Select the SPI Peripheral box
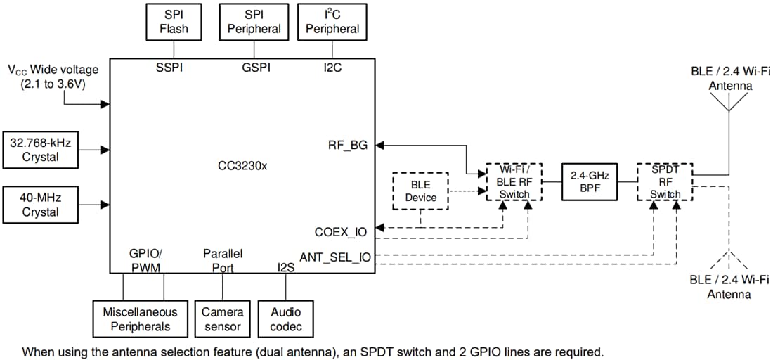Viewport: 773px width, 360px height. click(x=254, y=22)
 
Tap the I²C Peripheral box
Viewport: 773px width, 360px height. click(x=332, y=22)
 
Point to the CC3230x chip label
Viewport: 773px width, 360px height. click(x=242, y=167)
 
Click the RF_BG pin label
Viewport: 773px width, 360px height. click(x=348, y=146)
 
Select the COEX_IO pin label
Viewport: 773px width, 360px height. click(x=341, y=231)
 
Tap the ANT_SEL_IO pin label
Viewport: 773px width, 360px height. click(x=335, y=257)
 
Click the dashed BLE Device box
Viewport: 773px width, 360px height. click(x=421, y=191)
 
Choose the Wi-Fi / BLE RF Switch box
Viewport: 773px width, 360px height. click(x=514, y=182)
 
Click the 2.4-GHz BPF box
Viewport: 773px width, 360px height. click(x=588, y=182)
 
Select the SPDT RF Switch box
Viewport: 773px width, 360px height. click(x=665, y=182)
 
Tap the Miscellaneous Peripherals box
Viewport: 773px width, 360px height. click(x=136, y=319)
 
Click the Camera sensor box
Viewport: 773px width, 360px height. click(x=222, y=319)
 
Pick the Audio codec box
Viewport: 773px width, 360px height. click(x=285, y=319)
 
